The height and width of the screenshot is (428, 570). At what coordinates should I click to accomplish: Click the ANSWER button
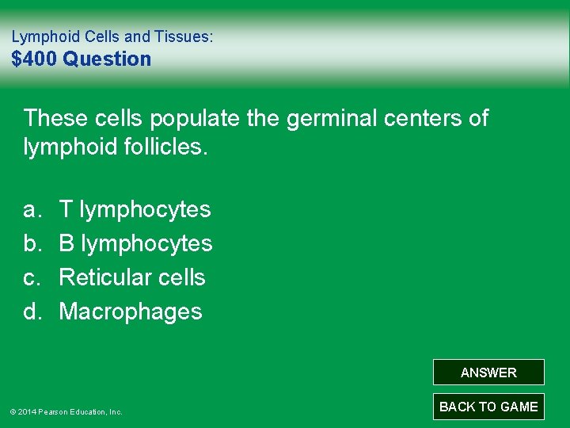[x=488, y=373]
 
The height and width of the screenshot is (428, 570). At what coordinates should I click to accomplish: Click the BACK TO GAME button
[x=488, y=407]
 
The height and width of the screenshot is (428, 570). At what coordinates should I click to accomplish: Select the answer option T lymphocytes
[x=135, y=209]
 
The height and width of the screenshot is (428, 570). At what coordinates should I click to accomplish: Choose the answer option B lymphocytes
[x=135, y=243]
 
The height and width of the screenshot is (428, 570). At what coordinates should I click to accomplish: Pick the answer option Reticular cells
[x=132, y=277]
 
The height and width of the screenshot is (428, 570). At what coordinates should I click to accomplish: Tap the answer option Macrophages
[x=131, y=311]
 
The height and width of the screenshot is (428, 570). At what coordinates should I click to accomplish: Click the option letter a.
[x=32, y=209]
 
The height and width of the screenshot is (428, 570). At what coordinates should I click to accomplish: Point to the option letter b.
[x=32, y=243]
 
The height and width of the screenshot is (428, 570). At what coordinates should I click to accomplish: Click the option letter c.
[x=32, y=277]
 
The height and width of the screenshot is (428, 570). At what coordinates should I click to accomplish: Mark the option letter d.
[x=32, y=311]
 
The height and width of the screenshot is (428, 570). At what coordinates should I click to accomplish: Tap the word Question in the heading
[x=107, y=59]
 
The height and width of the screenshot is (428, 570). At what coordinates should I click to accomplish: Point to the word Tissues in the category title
[x=185, y=36]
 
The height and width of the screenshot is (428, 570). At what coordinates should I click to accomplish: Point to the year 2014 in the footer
[x=26, y=412]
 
